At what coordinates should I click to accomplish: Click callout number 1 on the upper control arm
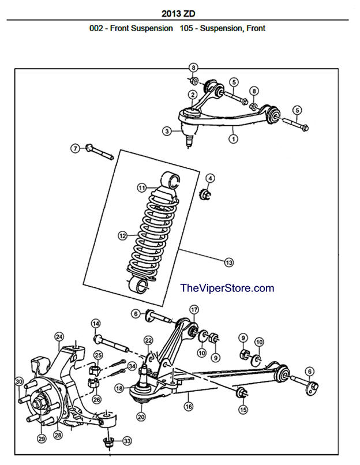(234, 138)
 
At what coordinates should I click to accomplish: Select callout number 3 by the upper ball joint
(167, 132)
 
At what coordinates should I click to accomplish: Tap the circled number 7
(75, 148)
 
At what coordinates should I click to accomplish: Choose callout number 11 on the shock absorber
(140, 187)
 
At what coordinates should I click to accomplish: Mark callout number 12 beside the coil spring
(122, 235)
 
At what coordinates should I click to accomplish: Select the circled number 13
(229, 262)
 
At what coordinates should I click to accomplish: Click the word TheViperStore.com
(227, 288)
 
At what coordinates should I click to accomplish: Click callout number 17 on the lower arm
(193, 309)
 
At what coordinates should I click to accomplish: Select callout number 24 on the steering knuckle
(59, 336)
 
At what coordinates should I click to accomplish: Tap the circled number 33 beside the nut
(127, 441)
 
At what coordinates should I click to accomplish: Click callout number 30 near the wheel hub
(19, 382)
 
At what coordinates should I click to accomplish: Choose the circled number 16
(188, 407)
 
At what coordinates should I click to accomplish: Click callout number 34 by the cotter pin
(132, 366)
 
